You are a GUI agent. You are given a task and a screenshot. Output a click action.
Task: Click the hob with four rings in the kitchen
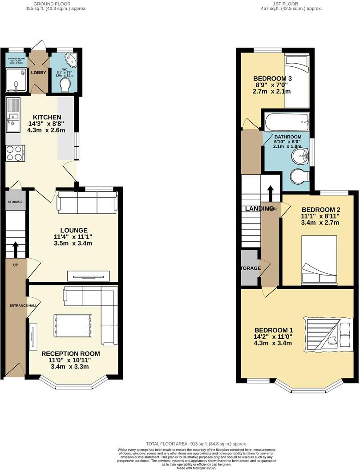(x=16, y=153)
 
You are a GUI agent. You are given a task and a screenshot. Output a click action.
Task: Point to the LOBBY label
(x=39, y=72)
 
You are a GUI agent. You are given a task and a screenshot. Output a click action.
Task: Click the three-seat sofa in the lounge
(x=87, y=203)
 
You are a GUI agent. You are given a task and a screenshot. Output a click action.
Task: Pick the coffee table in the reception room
(x=73, y=326)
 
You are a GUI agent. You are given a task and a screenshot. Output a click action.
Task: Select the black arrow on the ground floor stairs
(x=16, y=250)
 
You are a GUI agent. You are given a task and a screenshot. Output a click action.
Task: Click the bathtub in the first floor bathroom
(x=286, y=121)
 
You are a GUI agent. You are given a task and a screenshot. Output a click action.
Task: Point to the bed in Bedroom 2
(x=319, y=260)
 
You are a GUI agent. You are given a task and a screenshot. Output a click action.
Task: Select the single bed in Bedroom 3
(x=296, y=80)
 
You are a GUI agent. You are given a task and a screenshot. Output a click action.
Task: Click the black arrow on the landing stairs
(x=270, y=192)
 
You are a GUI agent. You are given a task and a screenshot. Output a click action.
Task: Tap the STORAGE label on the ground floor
(x=15, y=202)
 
